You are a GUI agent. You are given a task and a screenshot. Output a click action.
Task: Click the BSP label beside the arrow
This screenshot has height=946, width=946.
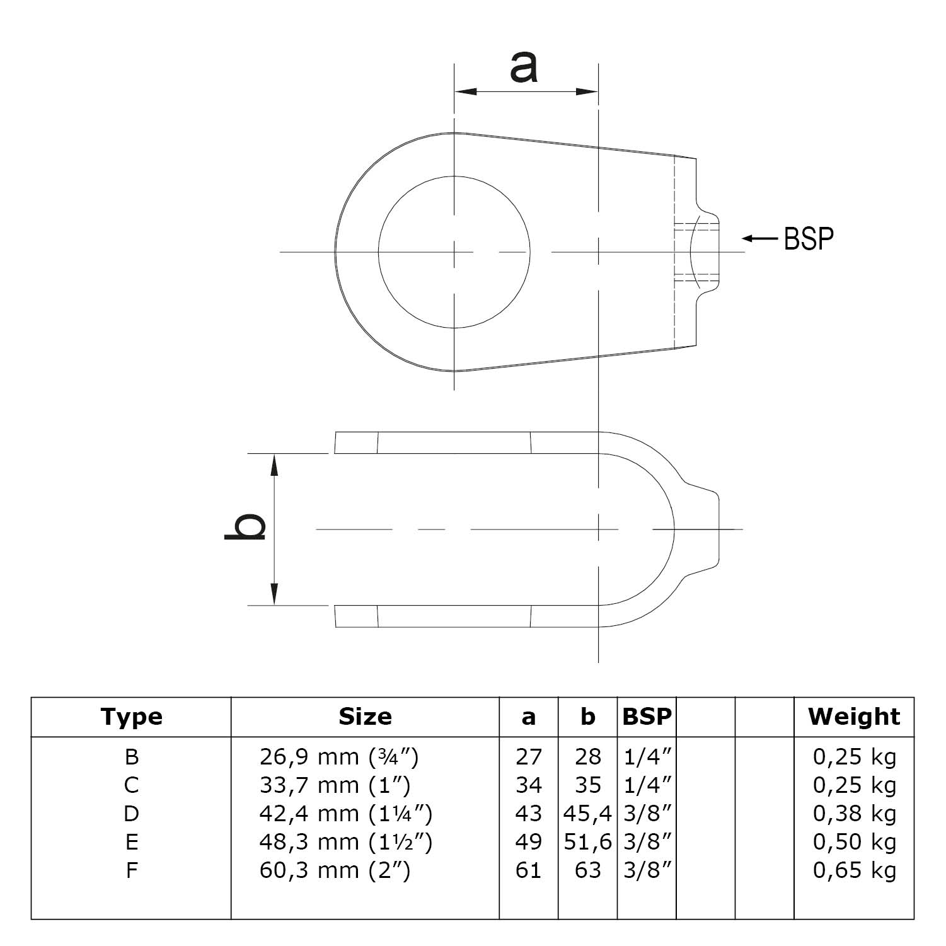tap(809, 239)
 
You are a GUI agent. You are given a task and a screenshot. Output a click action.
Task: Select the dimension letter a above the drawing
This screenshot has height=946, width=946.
tap(524, 67)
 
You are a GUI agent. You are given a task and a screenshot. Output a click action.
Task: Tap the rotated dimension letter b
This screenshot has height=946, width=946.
tap(245, 528)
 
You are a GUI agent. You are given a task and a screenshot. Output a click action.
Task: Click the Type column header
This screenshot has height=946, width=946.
tap(131, 717)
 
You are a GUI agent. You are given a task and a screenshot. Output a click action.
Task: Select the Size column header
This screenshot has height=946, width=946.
tap(365, 717)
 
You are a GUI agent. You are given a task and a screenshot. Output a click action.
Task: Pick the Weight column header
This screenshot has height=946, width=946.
tap(854, 717)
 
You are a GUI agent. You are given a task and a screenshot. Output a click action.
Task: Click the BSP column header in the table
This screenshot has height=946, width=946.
tap(647, 717)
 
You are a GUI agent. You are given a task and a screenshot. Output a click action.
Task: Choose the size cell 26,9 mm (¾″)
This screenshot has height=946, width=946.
tap(338, 756)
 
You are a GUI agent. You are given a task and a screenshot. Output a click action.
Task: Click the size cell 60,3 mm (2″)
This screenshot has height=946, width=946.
tap(335, 870)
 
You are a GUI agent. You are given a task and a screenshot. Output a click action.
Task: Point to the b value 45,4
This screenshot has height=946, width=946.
tap(587, 814)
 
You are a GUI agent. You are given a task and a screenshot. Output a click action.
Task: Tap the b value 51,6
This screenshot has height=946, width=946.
tap(587, 842)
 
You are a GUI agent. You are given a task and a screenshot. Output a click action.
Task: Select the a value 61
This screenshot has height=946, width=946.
tap(528, 870)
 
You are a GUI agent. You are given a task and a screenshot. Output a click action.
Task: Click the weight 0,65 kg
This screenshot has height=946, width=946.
tap(854, 870)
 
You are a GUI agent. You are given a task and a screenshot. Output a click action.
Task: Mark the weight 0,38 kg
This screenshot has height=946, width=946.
tap(854, 814)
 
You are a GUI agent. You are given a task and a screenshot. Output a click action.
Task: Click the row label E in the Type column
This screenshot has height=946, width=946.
tap(131, 842)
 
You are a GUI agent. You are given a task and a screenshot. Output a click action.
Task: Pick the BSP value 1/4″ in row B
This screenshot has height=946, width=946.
tap(647, 756)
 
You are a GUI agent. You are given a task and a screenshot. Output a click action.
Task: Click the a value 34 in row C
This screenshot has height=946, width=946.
tap(528, 785)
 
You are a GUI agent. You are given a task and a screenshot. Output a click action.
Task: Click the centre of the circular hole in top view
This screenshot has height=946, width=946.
tap(454, 252)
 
